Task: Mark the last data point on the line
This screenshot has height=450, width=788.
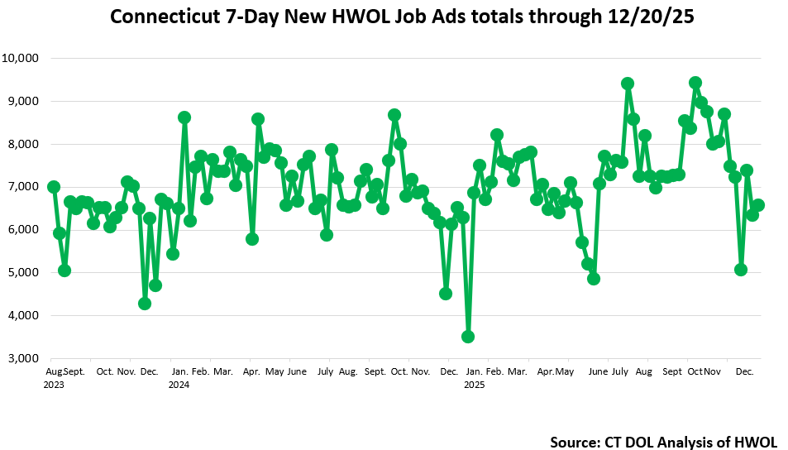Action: click(758, 205)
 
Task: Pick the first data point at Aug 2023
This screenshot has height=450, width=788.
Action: click(54, 187)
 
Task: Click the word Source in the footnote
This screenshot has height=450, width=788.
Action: click(575, 443)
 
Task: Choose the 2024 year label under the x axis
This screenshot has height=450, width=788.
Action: click(179, 385)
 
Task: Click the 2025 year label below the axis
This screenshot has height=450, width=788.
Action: click(475, 385)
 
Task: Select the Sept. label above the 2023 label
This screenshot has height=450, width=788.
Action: click(74, 371)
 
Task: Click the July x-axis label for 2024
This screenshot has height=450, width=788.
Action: click(326, 371)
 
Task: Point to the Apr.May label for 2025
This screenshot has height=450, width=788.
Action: click(556, 371)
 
